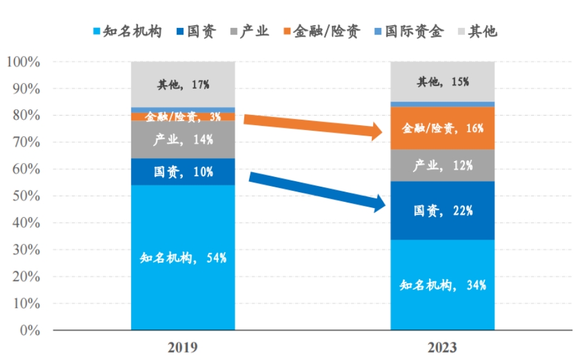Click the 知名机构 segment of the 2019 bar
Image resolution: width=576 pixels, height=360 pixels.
[183, 257]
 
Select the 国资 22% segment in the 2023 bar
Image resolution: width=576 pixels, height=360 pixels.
[442, 210]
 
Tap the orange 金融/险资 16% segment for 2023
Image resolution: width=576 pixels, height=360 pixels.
[442, 128]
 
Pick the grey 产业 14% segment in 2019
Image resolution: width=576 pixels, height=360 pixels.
[183, 139]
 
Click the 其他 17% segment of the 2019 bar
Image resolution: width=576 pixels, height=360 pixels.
[183, 85]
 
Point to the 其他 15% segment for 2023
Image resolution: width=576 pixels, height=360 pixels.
[442, 81]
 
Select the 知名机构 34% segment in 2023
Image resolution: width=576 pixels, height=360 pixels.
[442, 285]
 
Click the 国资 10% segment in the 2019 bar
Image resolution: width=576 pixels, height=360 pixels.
[183, 171]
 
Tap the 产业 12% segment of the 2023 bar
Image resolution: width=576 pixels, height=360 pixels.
[442, 165]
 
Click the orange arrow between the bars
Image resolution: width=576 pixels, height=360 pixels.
[310, 124]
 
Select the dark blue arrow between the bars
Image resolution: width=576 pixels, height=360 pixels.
[316, 190]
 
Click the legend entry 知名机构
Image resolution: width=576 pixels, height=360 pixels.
[127, 31]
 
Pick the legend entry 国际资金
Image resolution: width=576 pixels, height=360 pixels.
[417, 31]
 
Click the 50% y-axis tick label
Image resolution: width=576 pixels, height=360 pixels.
[26, 196]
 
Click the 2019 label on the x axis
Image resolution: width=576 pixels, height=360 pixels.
[183, 348]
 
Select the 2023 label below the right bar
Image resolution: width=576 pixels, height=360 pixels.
[442, 348]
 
